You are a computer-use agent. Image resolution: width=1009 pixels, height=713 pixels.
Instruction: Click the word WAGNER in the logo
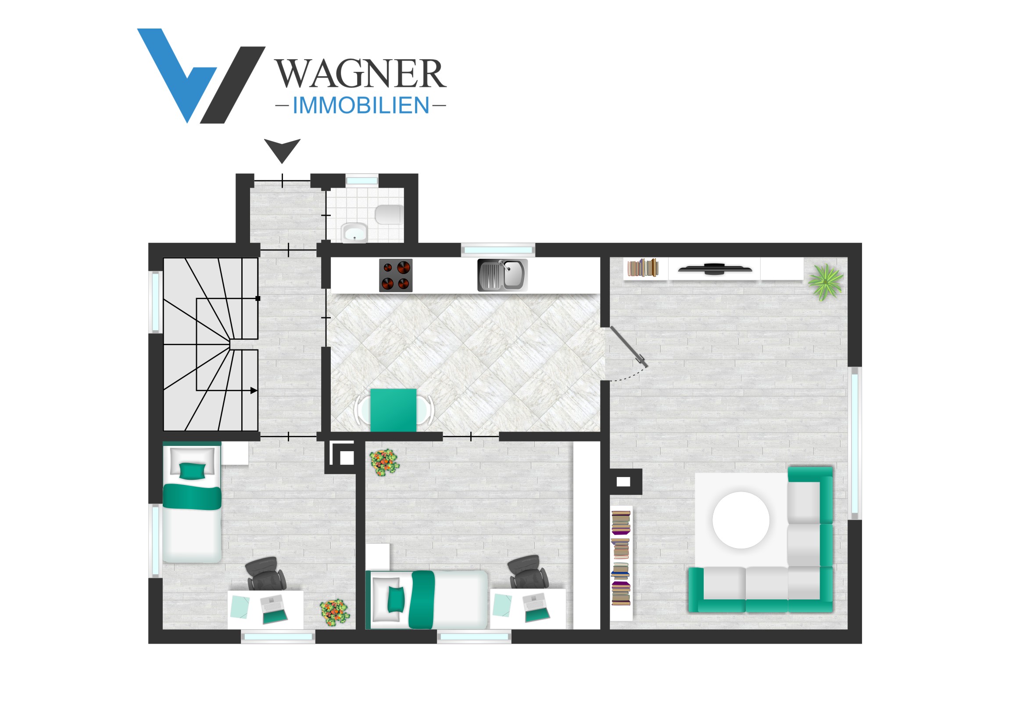[x=361, y=73]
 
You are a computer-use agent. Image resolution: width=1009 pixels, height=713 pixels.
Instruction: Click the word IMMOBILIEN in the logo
[x=361, y=105]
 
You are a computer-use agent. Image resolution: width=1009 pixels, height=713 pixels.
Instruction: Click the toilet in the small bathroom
[x=389, y=215]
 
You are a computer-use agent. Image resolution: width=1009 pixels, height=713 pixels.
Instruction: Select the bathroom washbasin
[x=354, y=233]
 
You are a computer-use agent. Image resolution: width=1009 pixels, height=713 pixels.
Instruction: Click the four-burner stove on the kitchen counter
[x=396, y=275]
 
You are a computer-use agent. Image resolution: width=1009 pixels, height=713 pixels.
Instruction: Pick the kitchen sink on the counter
[x=502, y=275]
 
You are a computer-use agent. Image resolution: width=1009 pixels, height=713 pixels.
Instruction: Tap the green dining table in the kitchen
[x=394, y=410]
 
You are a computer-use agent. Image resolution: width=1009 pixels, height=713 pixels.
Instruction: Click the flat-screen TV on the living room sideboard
[x=715, y=269]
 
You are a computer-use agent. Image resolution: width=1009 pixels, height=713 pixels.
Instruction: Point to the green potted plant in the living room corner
[x=825, y=282]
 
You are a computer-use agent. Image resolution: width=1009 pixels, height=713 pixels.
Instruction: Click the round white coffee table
[x=741, y=520]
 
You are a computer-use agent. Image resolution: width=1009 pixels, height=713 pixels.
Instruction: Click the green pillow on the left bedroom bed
[x=192, y=471]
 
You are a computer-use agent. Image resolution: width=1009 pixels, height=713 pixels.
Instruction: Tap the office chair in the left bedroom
[x=266, y=574]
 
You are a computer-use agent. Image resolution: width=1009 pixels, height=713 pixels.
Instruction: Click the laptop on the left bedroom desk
[x=274, y=610]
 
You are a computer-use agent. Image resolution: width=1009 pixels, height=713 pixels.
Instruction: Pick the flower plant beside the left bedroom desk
[x=334, y=612]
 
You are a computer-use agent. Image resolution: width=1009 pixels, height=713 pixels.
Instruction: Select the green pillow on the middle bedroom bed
[x=396, y=600]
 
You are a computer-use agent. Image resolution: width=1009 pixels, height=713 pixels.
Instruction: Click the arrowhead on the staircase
[x=254, y=391]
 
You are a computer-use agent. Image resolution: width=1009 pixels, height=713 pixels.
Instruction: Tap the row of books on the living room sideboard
[x=643, y=267]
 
